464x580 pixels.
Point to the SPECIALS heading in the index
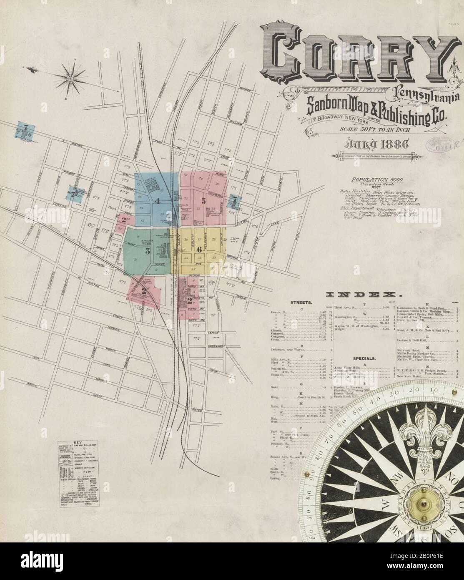click(x=364, y=358)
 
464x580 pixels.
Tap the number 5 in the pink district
click(x=203, y=199)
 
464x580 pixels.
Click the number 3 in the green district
click(x=147, y=251)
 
